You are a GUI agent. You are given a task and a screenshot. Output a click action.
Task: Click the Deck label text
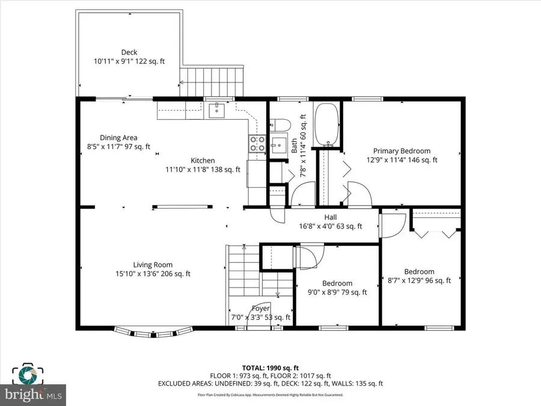129,52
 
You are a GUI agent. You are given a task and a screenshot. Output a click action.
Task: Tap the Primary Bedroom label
402,151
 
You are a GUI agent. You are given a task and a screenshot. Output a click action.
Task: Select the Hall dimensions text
331,227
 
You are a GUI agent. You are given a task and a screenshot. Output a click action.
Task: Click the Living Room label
153,265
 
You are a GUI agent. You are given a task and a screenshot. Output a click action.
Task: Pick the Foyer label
261,309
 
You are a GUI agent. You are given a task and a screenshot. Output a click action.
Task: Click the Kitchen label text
203,161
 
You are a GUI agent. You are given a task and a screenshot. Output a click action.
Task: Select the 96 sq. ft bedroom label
419,272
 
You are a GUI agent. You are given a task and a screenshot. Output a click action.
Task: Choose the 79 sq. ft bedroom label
337,283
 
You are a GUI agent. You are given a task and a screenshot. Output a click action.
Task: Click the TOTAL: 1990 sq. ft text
270,367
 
